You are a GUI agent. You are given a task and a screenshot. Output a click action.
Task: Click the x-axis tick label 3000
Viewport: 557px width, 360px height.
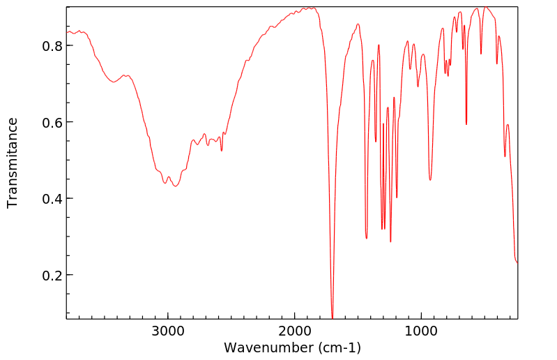167,331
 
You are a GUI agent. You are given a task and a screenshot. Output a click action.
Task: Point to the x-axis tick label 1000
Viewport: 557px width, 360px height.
421,331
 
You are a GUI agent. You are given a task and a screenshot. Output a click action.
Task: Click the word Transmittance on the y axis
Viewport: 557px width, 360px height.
13,163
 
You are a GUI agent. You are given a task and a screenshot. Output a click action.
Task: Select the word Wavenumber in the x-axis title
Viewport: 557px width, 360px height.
261,347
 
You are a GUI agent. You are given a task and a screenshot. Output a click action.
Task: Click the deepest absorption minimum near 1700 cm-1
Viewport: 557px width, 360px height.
333,317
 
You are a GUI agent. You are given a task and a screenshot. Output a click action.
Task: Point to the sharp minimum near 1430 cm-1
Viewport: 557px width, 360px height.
367,239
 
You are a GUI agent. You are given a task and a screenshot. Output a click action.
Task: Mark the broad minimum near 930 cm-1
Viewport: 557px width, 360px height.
430,180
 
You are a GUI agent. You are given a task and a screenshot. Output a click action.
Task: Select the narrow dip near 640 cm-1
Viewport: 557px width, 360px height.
466,124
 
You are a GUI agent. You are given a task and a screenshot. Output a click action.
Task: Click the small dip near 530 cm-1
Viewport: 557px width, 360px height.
481,53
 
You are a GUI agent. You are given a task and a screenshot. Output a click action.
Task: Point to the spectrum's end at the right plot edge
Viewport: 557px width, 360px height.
517,263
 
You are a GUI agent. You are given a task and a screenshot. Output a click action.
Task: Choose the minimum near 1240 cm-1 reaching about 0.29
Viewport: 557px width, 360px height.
390,241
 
